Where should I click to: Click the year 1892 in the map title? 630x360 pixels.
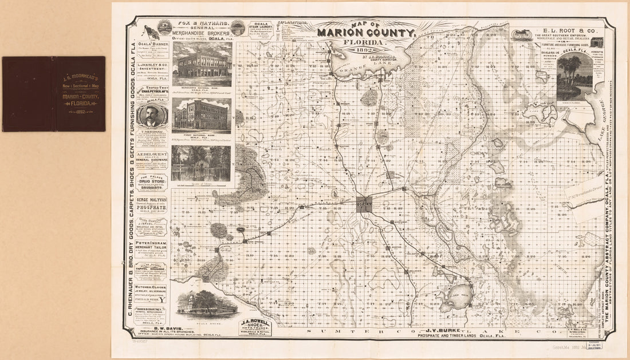pos(367,49)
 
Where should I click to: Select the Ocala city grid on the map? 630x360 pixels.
pos(364,205)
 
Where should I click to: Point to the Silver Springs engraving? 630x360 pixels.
pos(201,163)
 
